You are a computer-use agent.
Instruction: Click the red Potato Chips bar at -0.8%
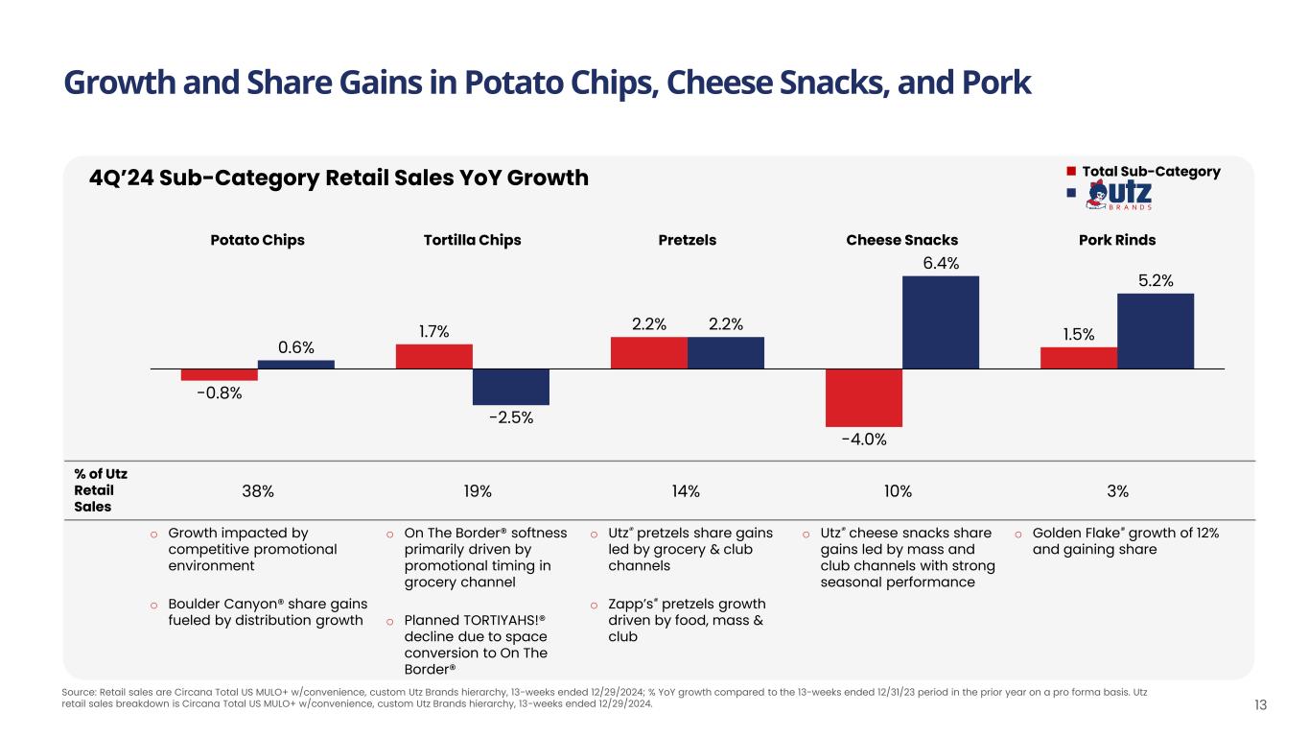[x=219, y=374]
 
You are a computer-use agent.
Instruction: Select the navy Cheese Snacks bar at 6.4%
[x=940, y=322]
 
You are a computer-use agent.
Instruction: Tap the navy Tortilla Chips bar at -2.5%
[x=510, y=387]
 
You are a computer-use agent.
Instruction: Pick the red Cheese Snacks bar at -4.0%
[x=863, y=397]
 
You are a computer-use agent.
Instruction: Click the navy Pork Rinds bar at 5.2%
[x=1155, y=331]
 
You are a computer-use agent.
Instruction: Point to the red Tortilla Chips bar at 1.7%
[x=433, y=356]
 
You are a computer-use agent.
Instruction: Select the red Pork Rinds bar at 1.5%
[x=1078, y=358]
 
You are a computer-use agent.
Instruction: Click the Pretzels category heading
[x=687, y=240]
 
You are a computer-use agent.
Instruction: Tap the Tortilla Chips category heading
[x=472, y=240]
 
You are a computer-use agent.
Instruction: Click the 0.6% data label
[x=296, y=347]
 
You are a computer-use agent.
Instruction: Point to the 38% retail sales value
[x=257, y=491]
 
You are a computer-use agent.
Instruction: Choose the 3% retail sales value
[x=1117, y=491]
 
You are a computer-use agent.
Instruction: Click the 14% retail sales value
[x=687, y=491]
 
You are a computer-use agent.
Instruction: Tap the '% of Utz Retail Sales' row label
[x=95, y=490]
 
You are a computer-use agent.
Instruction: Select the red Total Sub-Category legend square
[x=1071, y=172]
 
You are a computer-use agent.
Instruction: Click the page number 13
[x=1260, y=705]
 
